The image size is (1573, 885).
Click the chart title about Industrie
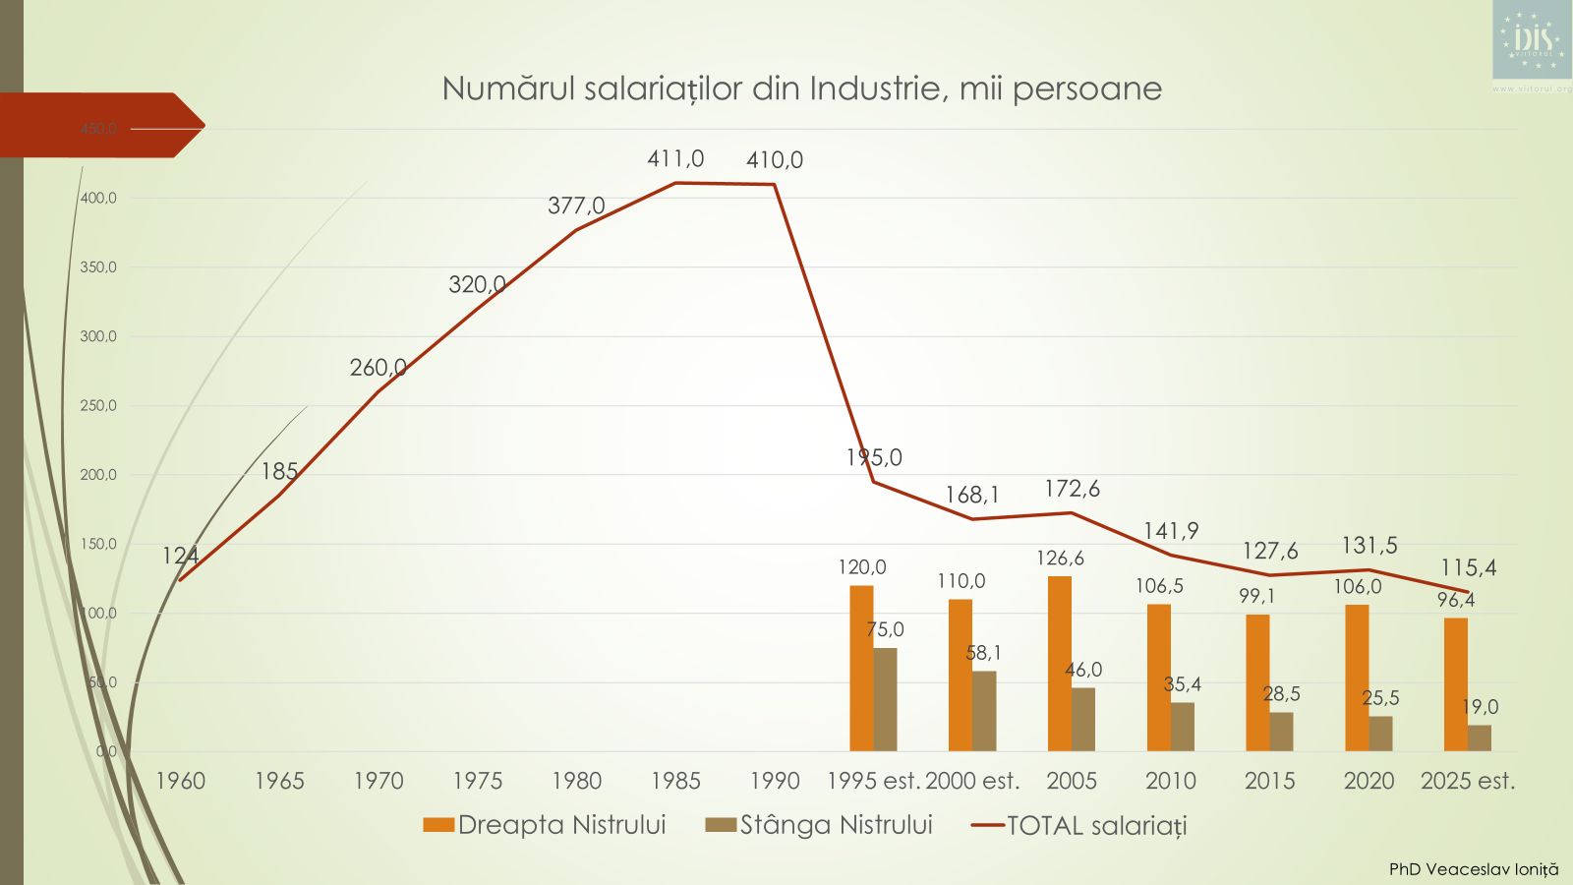[x=801, y=88]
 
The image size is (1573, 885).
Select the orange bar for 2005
[x=1059, y=664]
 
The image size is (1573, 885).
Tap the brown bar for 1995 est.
[x=885, y=699]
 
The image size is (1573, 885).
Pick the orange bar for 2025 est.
[x=1455, y=684]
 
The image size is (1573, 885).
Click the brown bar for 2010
[x=1183, y=727]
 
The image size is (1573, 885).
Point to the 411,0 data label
[x=675, y=158]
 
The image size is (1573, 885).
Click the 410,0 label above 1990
[x=775, y=159]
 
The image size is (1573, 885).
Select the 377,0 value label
[x=576, y=206]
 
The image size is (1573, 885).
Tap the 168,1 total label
[x=972, y=495]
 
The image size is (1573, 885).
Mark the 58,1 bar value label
[x=983, y=653]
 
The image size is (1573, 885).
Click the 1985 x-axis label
[x=675, y=781]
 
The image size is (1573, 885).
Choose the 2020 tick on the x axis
[x=1369, y=781]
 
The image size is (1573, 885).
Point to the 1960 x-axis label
[x=181, y=781]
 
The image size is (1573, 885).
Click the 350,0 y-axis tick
[x=98, y=267]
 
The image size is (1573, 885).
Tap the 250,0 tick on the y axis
[x=98, y=405]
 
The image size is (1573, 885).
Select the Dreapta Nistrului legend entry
[x=545, y=825]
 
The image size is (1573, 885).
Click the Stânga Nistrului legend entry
[x=819, y=825]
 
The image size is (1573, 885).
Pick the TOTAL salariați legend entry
[x=1079, y=826]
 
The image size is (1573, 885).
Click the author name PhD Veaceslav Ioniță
[x=1473, y=869]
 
